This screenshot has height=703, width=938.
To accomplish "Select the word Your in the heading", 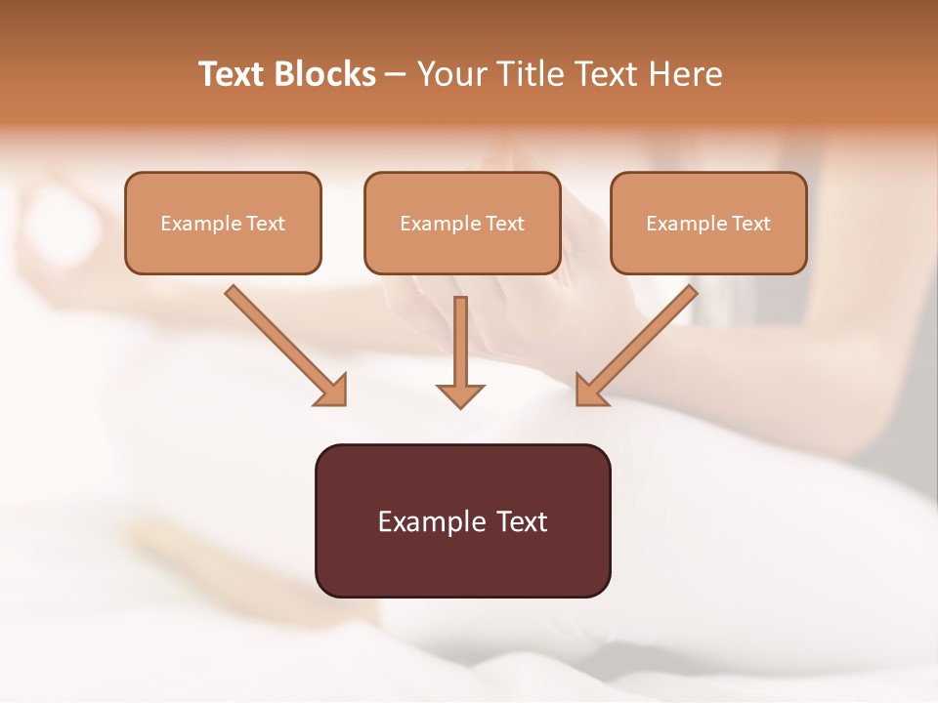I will (452, 74).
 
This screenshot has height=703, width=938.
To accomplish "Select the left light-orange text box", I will (223, 223).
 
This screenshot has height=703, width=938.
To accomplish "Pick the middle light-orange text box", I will (462, 223).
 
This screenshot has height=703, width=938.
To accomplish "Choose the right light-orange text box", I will (708, 223).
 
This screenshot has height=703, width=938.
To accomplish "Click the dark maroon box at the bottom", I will (462, 520).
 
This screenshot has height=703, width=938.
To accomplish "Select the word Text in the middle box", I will (505, 224).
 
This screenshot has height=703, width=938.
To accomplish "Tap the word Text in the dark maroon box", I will (524, 521).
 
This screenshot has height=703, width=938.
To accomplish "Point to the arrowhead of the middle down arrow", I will (460, 395).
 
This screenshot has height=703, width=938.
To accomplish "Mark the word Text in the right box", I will (751, 224).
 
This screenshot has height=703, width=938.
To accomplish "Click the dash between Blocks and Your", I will (396, 75).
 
